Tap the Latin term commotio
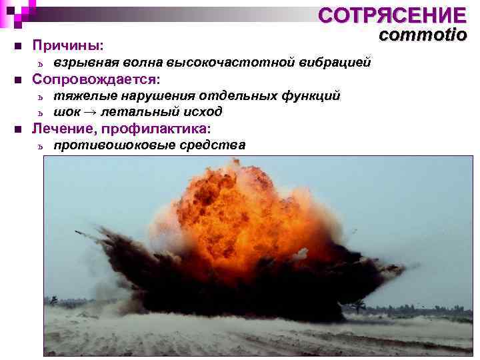[x=423, y=36]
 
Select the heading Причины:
[x=68, y=46]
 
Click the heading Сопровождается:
[x=96, y=79]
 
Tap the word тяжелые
[x=79, y=96]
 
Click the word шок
[x=65, y=111]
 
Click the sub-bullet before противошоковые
[x=41, y=145]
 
